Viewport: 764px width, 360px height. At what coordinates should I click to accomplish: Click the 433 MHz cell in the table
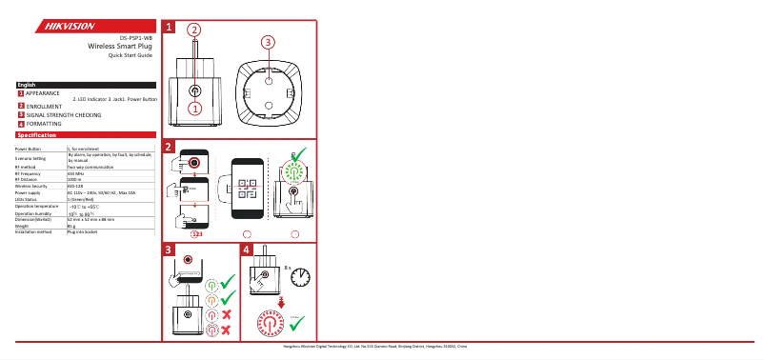[x=76, y=173]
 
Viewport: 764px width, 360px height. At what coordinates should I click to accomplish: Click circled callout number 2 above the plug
[x=193, y=30]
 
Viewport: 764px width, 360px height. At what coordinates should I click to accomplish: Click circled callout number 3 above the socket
[x=268, y=42]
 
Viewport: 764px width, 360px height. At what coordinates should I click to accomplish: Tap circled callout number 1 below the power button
[x=194, y=109]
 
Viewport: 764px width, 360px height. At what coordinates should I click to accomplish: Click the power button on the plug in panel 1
[x=194, y=90]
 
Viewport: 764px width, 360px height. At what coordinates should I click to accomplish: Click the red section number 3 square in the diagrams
[x=168, y=250]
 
